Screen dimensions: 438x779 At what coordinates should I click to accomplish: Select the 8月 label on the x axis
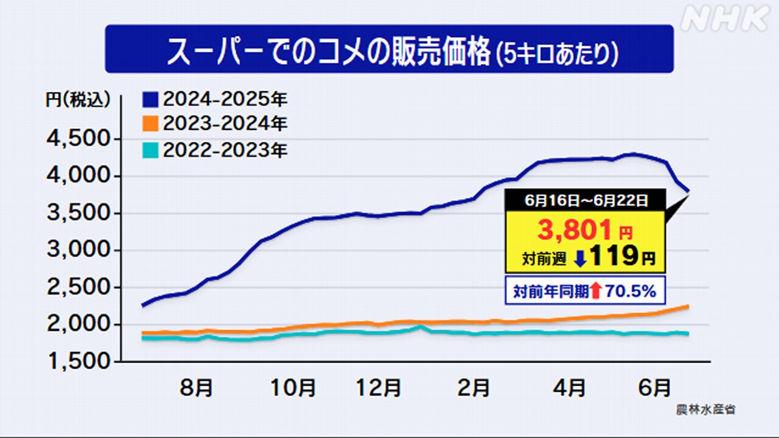pyautogui.click(x=197, y=387)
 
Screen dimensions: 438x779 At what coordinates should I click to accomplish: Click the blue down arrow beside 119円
pyautogui.click(x=579, y=259)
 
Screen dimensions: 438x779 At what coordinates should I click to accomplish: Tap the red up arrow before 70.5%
pyautogui.click(x=595, y=291)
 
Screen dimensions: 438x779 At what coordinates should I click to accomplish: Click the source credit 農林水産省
pyautogui.click(x=705, y=409)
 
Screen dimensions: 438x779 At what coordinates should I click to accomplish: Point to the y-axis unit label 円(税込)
pyautogui.click(x=78, y=99)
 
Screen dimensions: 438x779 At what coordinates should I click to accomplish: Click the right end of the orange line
pyautogui.click(x=688, y=305)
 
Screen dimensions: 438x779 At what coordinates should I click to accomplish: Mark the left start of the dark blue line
pyautogui.click(x=142, y=305)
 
